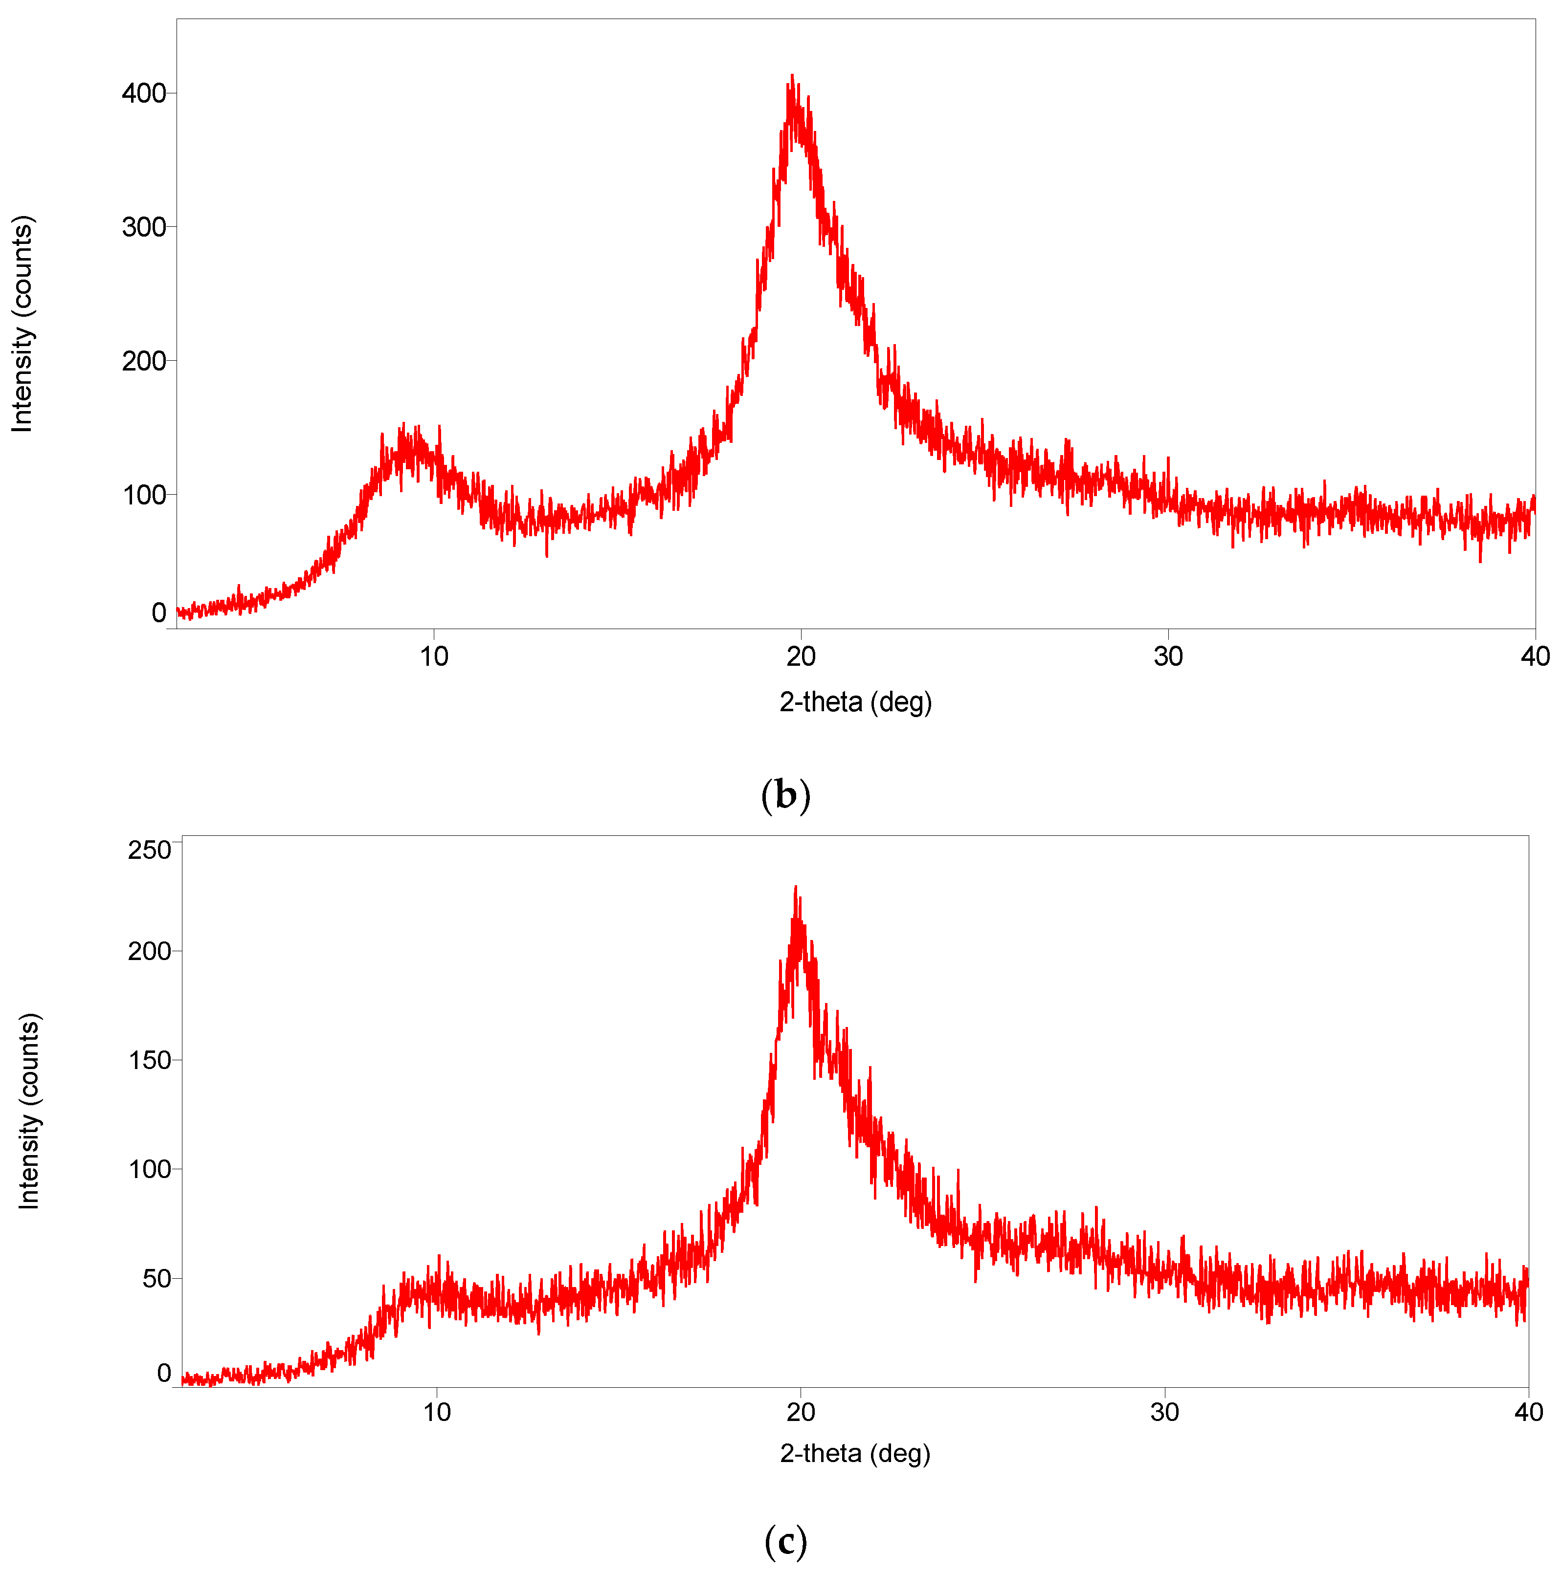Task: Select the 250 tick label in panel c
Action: (x=149, y=850)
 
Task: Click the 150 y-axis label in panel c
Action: (x=149, y=1060)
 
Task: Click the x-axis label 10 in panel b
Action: (x=433, y=656)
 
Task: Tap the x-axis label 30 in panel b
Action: (x=1168, y=656)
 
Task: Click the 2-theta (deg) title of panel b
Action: (x=855, y=702)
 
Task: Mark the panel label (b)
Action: (x=785, y=795)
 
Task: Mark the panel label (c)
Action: (x=785, y=1541)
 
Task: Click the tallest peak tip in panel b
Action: (x=792, y=76)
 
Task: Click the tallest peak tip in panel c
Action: (x=796, y=887)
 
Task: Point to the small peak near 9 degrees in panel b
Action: (x=403, y=425)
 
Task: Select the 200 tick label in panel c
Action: (x=149, y=951)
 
